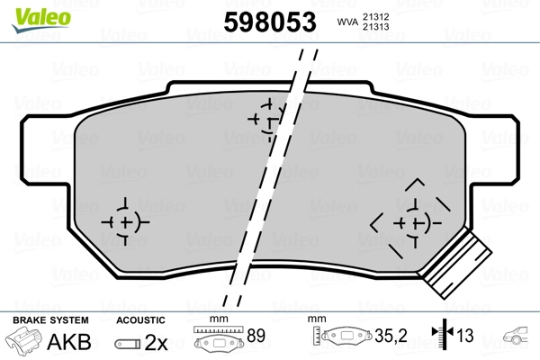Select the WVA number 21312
376,15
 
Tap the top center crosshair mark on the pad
268,118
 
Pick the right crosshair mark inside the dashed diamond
415,221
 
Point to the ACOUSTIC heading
141,320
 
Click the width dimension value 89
256,337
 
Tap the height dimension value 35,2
397,337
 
